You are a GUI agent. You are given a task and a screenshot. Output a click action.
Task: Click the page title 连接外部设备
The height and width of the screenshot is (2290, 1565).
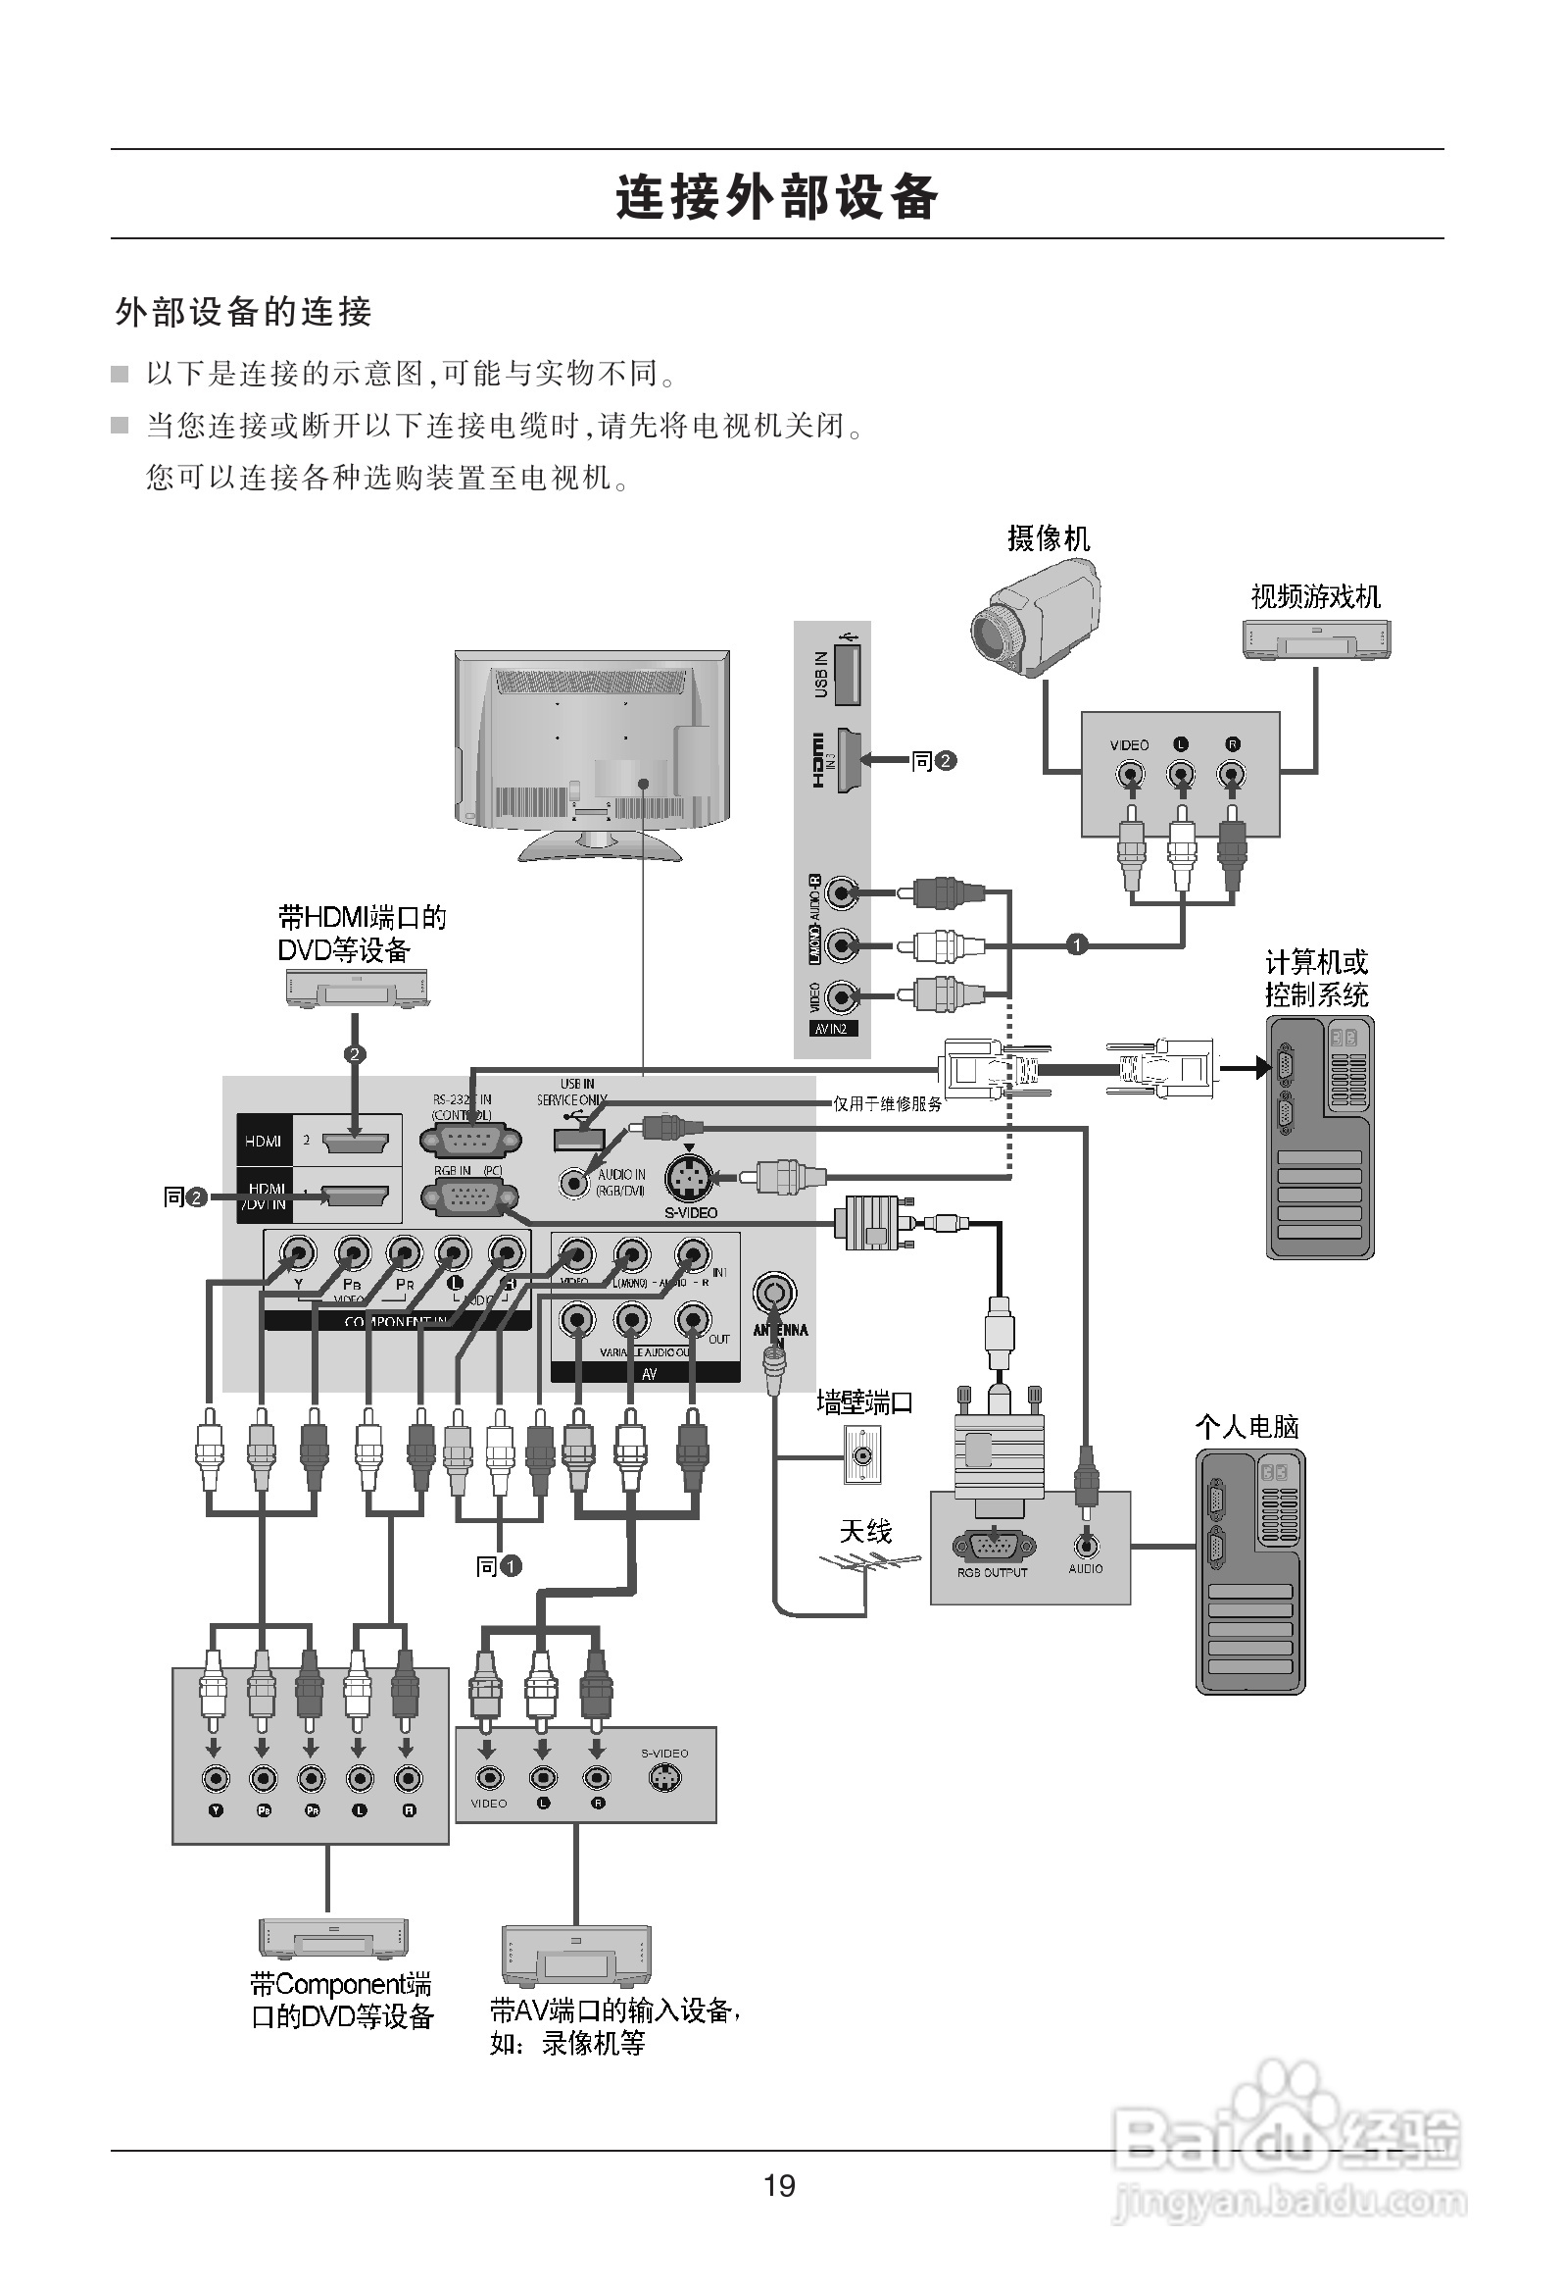(777, 197)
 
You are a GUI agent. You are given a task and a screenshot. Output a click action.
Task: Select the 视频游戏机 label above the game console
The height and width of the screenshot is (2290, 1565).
(1315, 596)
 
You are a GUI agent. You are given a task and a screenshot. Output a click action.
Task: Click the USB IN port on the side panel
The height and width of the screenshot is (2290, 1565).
(846, 672)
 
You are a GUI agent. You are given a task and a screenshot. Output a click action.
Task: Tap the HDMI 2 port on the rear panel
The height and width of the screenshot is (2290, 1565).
(355, 1142)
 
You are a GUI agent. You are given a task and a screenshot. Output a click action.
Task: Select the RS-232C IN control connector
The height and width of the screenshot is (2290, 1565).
(469, 1140)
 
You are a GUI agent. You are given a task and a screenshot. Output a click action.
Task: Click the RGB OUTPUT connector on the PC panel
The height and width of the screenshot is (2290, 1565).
(992, 1546)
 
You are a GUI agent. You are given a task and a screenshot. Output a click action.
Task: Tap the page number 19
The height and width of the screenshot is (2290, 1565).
(779, 2185)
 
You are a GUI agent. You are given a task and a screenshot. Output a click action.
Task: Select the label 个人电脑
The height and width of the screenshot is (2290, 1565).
(1247, 1427)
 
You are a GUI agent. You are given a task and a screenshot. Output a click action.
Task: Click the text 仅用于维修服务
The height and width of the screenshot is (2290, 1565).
(888, 1103)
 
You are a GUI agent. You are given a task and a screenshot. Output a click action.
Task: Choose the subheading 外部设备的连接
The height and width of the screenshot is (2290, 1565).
(243, 313)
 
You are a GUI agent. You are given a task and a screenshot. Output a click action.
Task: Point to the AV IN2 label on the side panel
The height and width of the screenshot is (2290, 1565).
(830, 1029)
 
